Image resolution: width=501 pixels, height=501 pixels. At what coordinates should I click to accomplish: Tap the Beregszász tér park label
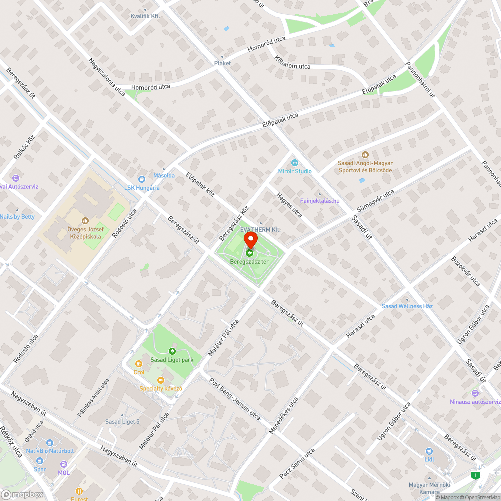tap(249, 262)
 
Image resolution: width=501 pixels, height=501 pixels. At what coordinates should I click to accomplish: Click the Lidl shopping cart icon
tap(429, 451)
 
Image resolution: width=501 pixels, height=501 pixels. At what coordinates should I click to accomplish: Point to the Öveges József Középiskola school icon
tap(84, 220)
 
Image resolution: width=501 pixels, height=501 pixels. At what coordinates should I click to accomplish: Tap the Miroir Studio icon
tap(294, 162)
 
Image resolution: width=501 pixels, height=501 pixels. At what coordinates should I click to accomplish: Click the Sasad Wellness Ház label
tap(407, 306)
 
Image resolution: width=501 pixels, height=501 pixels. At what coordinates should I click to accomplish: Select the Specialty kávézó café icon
tap(160, 380)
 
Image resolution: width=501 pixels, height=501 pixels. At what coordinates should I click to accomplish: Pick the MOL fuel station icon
tap(64, 464)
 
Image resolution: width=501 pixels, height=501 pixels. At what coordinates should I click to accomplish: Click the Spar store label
tap(40, 469)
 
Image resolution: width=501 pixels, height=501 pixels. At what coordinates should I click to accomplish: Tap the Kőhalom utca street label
tap(292, 63)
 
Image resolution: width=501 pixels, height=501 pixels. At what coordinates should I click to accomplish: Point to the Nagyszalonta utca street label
tap(107, 77)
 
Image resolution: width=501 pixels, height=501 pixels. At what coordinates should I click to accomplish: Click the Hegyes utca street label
tap(289, 205)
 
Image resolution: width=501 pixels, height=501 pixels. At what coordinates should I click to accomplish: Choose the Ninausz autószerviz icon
tap(475, 393)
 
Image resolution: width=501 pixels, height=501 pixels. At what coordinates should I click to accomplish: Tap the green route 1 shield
tap(475, 475)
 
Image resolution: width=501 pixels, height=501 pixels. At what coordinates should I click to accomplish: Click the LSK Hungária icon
tap(142, 179)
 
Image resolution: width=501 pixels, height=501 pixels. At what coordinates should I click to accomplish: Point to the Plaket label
tap(222, 63)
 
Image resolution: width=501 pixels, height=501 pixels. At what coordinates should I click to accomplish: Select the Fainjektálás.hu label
tap(320, 201)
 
